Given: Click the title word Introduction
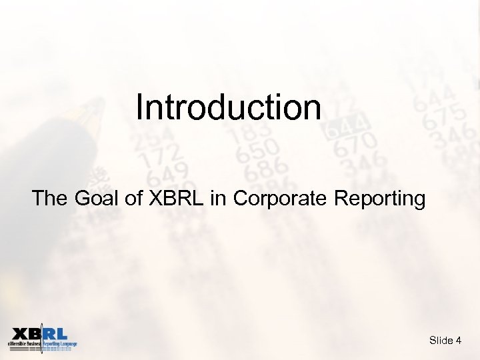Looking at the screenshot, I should pyautogui.click(x=229, y=107).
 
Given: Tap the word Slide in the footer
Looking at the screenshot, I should pyautogui.click(x=441, y=341).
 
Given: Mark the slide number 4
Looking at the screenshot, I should pyautogui.click(x=459, y=341).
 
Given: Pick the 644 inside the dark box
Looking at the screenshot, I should pyautogui.click(x=346, y=127).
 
